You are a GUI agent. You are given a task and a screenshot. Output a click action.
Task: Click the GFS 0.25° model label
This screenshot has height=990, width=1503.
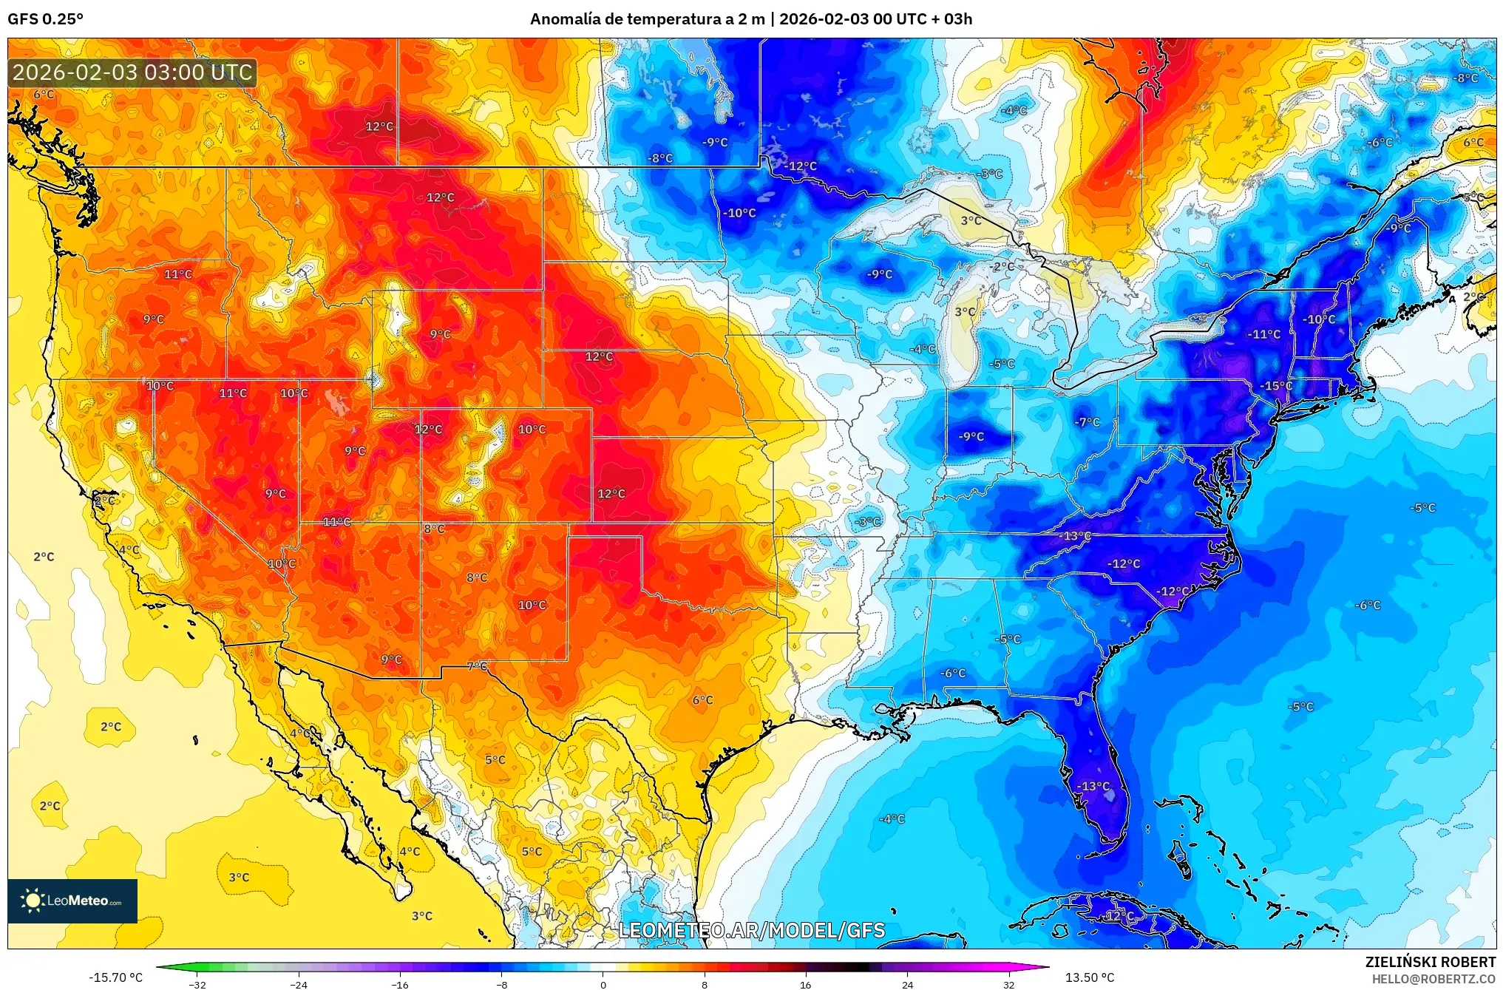click(x=45, y=19)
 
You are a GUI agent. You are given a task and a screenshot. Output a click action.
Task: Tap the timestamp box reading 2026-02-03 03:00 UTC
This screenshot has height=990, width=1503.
click(x=132, y=72)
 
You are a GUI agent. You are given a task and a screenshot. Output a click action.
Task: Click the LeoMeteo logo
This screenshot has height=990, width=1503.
click(x=72, y=901)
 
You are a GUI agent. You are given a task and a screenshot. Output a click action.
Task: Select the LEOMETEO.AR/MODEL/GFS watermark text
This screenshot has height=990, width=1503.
click(x=751, y=930)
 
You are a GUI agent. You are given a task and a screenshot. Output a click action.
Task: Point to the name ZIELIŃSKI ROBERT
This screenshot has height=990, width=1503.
click(x=1430, y=962)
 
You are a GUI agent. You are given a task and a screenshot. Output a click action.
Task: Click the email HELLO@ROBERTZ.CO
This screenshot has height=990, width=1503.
click(x=1434, y=979)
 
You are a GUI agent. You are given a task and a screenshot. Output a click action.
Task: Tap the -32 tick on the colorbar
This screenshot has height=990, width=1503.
click(x=197, y=984)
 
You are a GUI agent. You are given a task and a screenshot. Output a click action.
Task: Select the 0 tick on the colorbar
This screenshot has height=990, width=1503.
click(x=603, y=984)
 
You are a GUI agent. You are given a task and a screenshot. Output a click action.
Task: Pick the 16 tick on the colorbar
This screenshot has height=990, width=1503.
click(x=806, y=984)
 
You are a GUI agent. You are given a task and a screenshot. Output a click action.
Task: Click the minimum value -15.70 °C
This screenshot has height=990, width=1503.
click(x=116, y=977)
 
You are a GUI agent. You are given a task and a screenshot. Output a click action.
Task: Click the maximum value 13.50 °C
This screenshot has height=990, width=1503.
click(x=1089, y=977)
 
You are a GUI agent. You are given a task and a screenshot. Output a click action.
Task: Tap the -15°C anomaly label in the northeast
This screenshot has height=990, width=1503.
click(x=1276, y=386)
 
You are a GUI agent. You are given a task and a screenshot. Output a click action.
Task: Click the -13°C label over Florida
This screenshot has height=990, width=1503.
click(x=1093, y=786)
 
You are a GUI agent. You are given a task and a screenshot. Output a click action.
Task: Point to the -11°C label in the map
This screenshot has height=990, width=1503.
click(x=1263, y=334)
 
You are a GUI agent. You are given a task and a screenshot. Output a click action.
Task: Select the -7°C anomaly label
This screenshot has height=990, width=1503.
click(x=1087, y=422)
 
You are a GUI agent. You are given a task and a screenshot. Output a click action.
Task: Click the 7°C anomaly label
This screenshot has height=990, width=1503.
click(x=477, y=666)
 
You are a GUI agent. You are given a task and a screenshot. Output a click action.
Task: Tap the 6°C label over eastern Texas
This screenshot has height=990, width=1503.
click(x=702, y=699)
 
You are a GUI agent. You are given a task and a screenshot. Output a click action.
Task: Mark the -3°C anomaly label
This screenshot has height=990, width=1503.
click(x=867, y=521)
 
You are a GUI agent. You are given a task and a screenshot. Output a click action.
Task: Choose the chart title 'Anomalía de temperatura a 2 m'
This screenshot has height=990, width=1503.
click(x=647, y=19)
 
